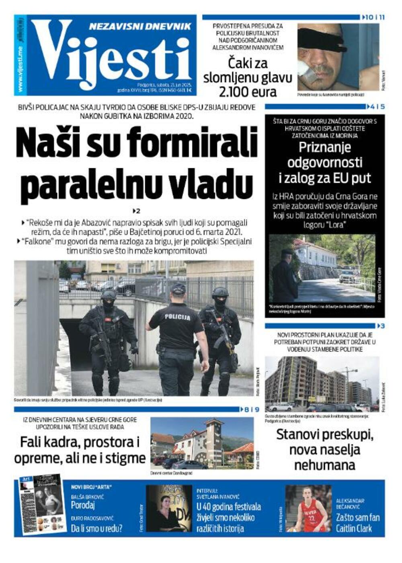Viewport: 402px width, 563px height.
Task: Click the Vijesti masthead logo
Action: click(111, 54)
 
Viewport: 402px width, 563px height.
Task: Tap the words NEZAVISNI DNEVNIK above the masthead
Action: click(140, 27)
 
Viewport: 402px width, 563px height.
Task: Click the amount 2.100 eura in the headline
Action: click(248, 92)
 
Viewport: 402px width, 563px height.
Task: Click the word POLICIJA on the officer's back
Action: click(177, 317)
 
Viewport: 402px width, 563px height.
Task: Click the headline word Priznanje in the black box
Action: click(325, 148)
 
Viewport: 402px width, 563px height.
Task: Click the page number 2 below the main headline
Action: click(137, 211)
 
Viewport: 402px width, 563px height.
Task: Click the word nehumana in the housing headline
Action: click(325, 465)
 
